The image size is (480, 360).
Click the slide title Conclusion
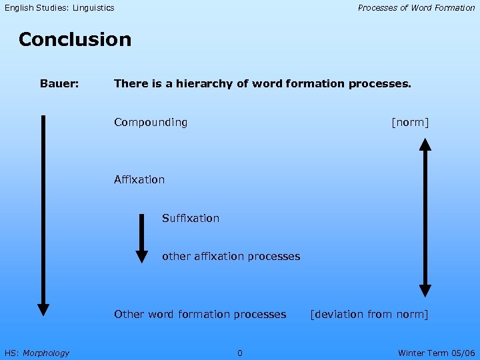[75, 39]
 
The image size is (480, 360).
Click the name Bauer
[59, 84]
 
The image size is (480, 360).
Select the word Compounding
[151, 123]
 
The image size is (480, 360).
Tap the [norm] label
[410, 123]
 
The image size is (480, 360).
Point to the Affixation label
[139, 179]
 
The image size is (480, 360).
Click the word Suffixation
[191, 218]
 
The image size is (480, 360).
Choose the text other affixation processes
[231, 257]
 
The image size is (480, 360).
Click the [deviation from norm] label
[369, 314]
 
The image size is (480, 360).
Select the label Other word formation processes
[200, 314]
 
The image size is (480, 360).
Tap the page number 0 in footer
[240, 353]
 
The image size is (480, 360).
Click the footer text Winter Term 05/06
[436, 353]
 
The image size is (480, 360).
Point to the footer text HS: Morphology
[37, 353]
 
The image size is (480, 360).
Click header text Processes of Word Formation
[416, 8]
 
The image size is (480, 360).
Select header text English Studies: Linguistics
[59, 8]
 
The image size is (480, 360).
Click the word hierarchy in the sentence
[197, 84]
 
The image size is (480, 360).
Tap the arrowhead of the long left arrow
[43, 309]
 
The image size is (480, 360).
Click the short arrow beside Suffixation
[141, 237]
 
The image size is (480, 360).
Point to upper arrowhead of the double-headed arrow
[425, 143]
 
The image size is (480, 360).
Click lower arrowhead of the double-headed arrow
[425, 291]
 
